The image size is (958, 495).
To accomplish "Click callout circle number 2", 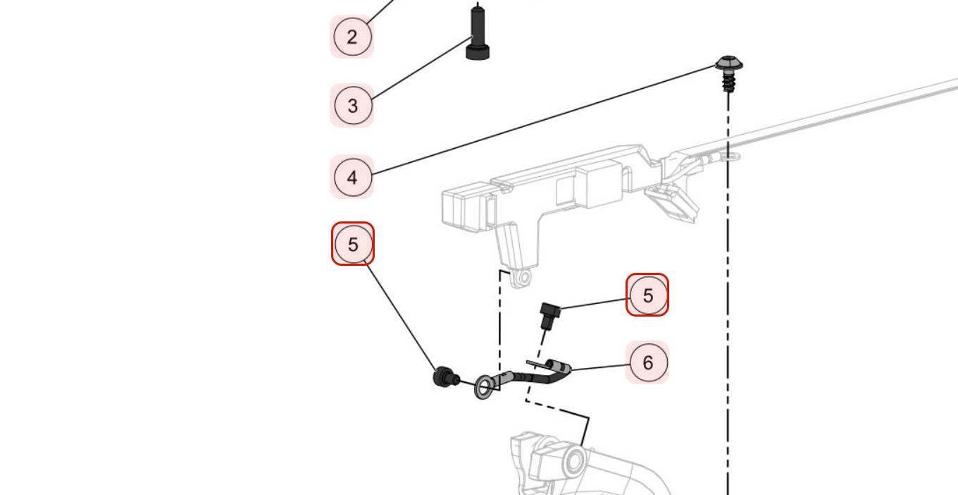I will tap(352, 37).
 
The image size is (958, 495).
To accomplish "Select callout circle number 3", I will tap(352, 106).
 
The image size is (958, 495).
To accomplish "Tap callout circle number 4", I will tap(352, 177).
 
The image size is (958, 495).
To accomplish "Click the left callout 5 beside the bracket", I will tap(353, 244).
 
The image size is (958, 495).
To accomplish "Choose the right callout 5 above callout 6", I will tap(647, 295).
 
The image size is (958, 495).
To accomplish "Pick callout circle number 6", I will tap(647, 362).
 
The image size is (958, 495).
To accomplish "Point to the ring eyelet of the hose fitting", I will tap(484, 386).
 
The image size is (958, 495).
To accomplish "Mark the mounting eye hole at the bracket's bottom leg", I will tap(523, 278).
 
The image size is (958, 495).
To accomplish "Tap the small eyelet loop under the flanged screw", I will tap(731, 157).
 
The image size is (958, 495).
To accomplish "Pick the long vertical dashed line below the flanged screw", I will tap(728, 317).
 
